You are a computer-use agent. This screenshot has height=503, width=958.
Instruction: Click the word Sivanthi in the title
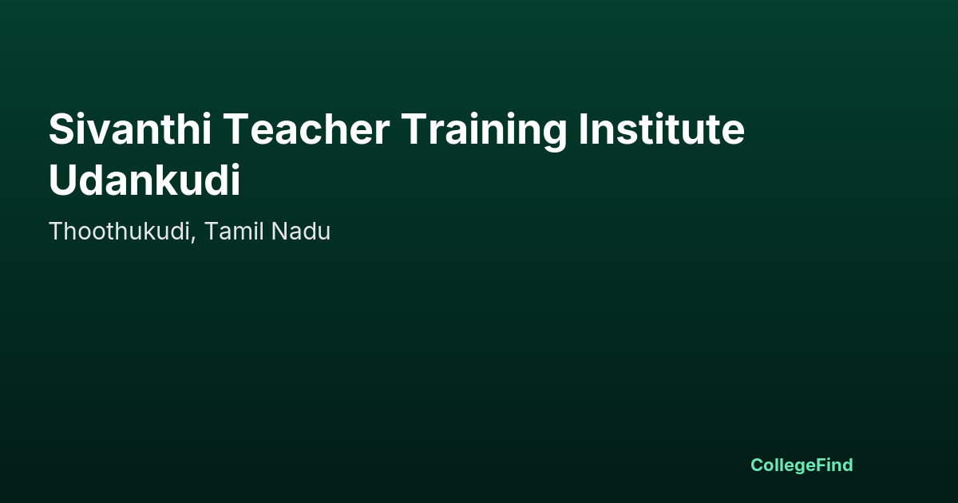(130, 129)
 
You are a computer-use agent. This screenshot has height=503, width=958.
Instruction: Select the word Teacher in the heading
(307, 129)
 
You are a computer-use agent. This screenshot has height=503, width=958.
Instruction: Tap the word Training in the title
(484, 132)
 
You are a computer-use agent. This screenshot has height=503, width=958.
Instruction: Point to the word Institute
(662, 129)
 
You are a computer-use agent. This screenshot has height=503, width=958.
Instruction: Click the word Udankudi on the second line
(144, 179)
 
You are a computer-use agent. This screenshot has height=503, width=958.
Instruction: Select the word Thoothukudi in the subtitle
(119, 231)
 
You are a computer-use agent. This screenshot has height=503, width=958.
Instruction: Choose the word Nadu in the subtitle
(301, 231)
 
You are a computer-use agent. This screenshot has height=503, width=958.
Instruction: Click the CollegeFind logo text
(802, 465)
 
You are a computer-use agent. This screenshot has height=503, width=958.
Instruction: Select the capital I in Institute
(583, 129)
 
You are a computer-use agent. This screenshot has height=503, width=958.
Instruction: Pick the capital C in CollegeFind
(757, 465)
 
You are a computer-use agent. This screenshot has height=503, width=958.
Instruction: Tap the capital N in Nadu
(279, 231)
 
